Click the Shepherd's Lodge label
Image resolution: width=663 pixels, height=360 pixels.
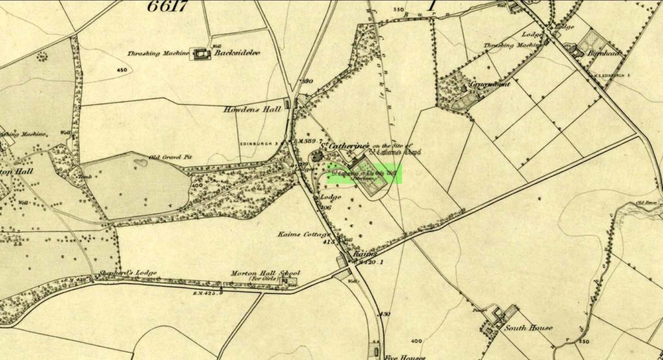(x=129, y=273)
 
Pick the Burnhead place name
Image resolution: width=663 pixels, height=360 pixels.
(x=605, y=54)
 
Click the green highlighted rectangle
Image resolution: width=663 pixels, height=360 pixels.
(x=363, y=174)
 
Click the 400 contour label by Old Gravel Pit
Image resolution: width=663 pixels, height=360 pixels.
(x=196, y=186)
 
